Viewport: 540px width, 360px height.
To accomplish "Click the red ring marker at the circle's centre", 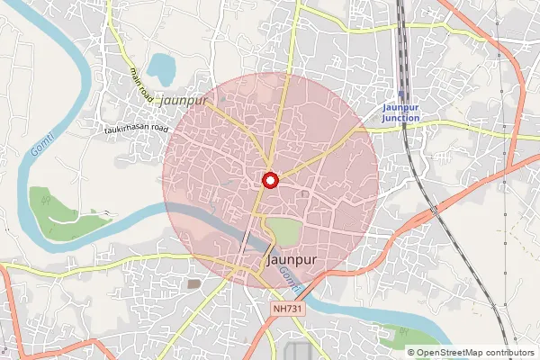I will click(268, 180).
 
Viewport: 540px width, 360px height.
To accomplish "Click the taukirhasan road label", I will click(135, 129).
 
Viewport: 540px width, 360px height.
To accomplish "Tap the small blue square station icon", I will click(401, 91).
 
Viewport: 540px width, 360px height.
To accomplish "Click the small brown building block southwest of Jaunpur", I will click(193, 283).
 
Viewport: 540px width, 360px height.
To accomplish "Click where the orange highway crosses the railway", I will click(434, 211).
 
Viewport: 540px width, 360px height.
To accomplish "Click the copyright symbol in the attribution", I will click(412, 352).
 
